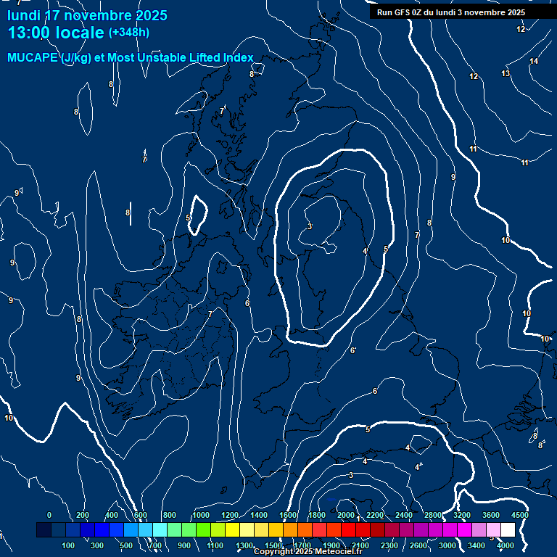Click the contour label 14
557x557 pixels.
click(534, 61)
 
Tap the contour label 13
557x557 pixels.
click(506, 73)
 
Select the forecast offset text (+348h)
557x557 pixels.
click(129, 32)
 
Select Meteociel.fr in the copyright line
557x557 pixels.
click(339, 552)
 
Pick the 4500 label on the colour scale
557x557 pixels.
click(519, 515)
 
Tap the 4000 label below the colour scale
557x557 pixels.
click(506, 545)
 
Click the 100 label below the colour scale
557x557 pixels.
click(69, 545)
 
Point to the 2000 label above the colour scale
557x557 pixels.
click(346, 515)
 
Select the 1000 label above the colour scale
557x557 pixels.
click(200, 515)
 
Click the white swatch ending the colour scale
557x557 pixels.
click(529, 530)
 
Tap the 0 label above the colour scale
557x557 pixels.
click(49, 515)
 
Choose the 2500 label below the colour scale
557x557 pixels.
click(418, 545)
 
